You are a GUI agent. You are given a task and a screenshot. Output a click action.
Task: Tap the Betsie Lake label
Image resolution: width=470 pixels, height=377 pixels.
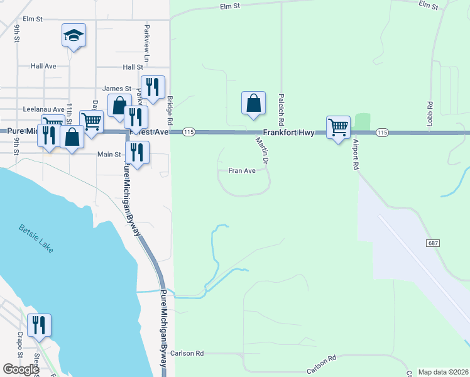click(36, 239)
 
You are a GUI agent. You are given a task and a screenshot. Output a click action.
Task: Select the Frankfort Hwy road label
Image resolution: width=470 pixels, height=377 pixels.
click(288, 133)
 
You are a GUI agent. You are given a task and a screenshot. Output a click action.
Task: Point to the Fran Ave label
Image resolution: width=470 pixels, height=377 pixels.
click(242, 170)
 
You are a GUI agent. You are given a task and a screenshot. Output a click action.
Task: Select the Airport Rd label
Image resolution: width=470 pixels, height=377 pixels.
click(355, 155)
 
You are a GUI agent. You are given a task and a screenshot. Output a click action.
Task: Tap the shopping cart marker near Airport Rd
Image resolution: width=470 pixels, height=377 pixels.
click(338, 127)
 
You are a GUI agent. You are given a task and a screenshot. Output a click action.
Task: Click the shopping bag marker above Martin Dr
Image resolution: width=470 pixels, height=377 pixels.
click(253, 103)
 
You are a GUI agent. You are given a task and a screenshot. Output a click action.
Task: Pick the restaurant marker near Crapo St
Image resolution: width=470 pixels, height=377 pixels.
click(39, 325)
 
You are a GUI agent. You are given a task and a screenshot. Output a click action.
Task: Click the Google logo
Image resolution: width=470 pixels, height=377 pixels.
click(21, 369)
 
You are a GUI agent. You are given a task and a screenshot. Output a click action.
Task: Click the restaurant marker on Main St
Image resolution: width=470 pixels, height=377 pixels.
click(137, 152)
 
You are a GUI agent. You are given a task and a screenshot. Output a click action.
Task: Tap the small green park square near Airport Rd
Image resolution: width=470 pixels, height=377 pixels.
click(362, 121)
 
